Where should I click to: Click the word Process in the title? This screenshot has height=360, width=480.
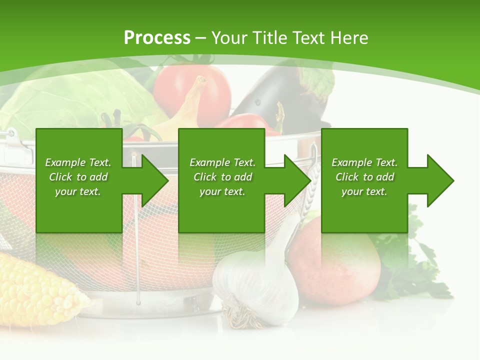point(157,38)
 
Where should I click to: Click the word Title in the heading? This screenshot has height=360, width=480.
point(270,38)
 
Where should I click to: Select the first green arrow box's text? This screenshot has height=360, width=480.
point(78,177)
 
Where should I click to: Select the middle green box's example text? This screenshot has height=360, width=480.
point(222,177)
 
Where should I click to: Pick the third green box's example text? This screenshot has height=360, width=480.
point(364,177)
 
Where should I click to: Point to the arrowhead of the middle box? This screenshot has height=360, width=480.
point(296,180)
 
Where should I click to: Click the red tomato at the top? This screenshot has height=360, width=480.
point(192,90)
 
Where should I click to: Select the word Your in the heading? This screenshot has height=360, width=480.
point(229,38)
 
